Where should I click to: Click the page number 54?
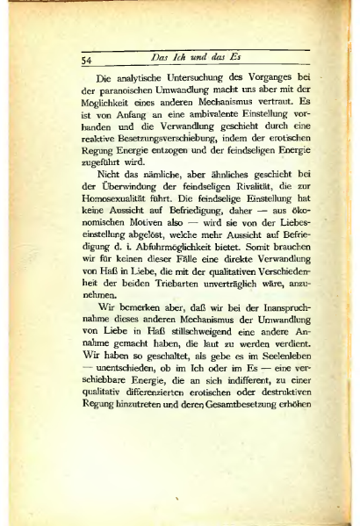tap(86, 61)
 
